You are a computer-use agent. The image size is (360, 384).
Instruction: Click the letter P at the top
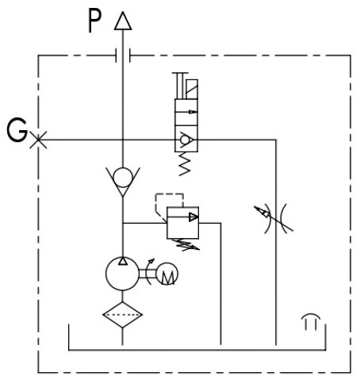tap(94, 21)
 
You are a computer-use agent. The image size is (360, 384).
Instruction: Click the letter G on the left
tap(17, 130)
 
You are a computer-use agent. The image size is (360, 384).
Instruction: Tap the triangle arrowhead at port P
tap(123, 21)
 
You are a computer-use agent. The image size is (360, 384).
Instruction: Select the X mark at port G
tap(38, 140)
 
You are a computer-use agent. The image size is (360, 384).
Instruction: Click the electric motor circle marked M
tap(167, 274)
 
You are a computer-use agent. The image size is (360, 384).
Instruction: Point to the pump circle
tap(122, 274)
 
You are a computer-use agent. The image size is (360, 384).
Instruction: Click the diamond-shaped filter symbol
tap(122, 315)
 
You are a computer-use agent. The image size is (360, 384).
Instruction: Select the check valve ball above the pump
tap(123, 178)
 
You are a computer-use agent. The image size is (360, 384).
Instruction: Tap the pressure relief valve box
tap(182, 223)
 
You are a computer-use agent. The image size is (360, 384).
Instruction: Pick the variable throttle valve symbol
tap(275, 218)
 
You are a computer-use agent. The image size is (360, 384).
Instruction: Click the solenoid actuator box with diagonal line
tap(192, 89)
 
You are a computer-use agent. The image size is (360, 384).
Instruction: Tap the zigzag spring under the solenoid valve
tap(185, 164)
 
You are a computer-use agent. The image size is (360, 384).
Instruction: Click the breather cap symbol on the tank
tap(311, 321)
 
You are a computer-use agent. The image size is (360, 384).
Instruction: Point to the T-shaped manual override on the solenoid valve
tap(180, 86)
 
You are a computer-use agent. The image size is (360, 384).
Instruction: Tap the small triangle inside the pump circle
tap(123, 261)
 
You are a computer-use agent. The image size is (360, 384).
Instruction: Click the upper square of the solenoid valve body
tap(186, 112)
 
